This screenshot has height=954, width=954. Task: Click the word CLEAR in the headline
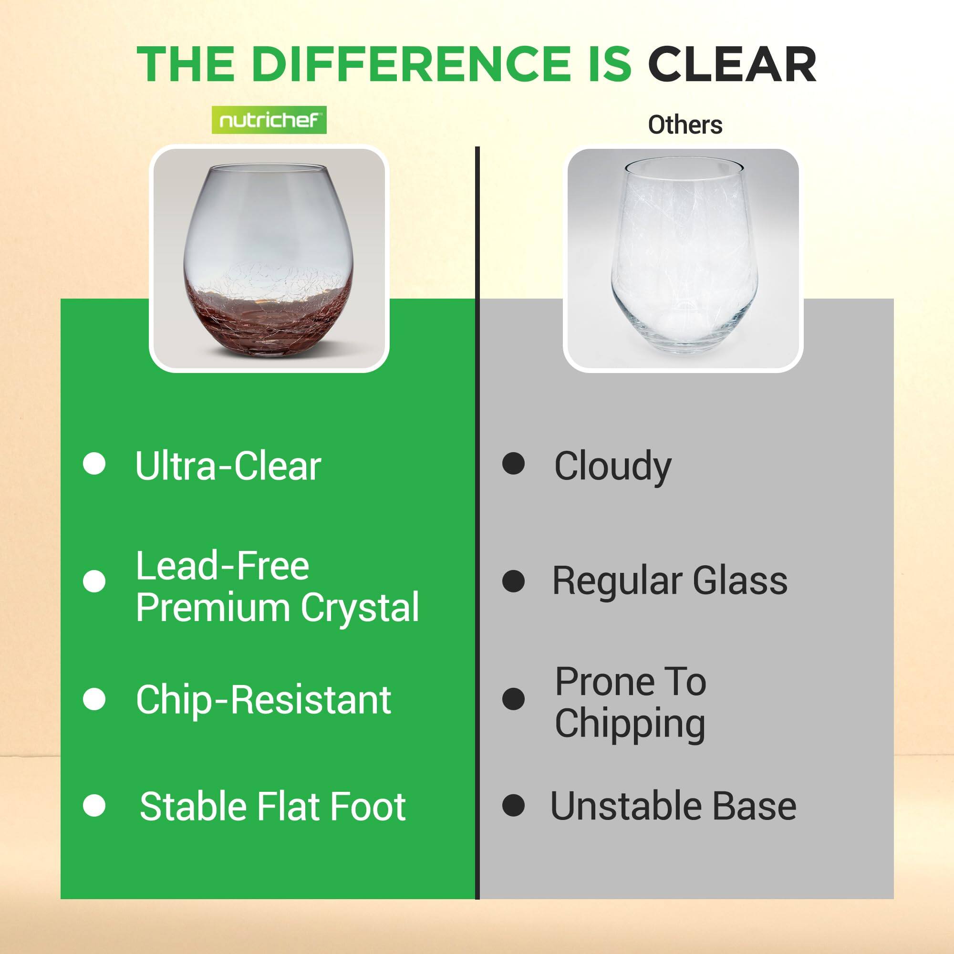732,65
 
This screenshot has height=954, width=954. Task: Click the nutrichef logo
269,120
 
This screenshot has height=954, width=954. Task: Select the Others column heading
685,125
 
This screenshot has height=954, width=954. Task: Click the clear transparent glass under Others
684,257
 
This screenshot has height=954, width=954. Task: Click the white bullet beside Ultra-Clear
94,464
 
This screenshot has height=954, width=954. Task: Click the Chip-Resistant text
263,700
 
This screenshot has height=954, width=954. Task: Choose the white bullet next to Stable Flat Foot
94,806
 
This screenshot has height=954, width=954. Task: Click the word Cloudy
613,467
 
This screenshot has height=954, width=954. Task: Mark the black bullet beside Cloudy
514,464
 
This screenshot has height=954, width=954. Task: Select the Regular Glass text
670,581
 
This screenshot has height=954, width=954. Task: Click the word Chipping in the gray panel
630,725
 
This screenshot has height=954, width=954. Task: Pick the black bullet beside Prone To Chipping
514,699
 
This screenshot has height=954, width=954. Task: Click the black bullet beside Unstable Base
514,805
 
